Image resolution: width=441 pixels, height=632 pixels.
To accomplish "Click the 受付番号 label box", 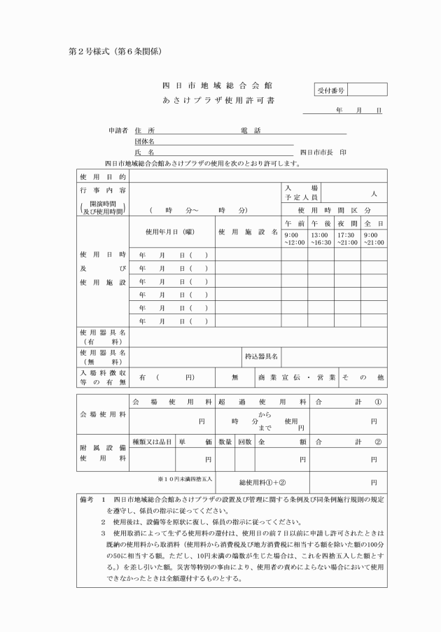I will (330, 90).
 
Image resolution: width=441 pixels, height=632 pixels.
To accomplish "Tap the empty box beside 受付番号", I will (367, 90).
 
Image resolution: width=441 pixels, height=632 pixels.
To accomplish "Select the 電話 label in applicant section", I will (250, 130).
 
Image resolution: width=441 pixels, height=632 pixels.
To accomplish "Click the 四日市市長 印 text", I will (322, 152).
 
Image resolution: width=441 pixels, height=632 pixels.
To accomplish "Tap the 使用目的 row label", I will (104, 176).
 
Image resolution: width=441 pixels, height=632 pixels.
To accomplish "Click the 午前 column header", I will (294, 221).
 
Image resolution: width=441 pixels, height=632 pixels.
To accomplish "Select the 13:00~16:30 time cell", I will (321, 239).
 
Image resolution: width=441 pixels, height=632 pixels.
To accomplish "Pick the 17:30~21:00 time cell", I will (347, 239).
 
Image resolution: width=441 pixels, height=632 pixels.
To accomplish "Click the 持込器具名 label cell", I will (261, 356).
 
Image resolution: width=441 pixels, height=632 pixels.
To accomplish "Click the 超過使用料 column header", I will (262, 402).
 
